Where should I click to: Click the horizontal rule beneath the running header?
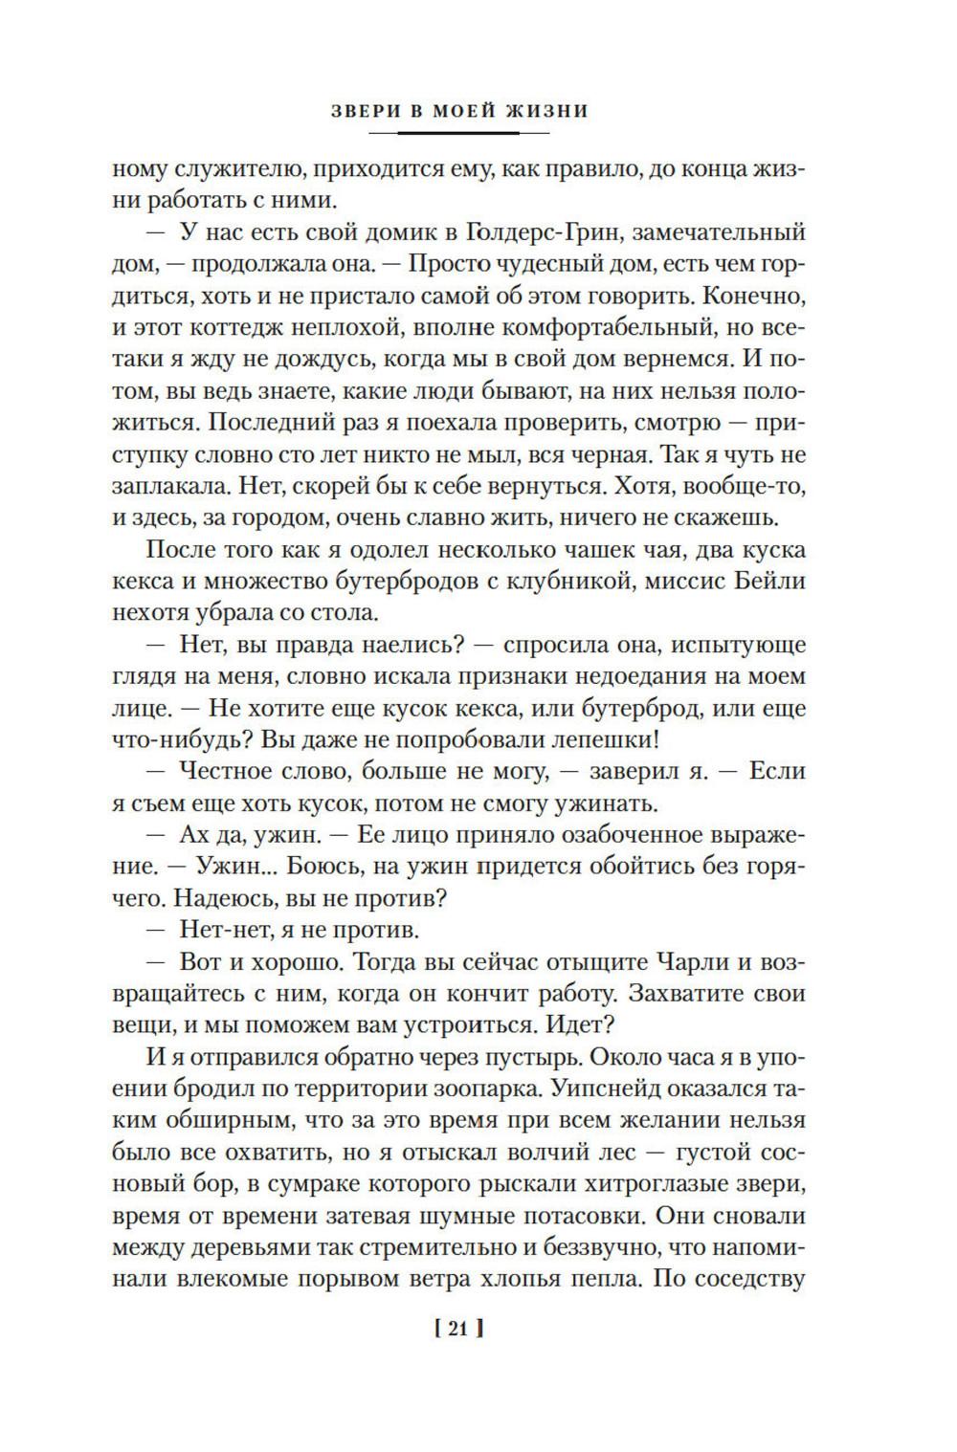point(457,132)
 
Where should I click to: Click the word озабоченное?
point(618,834)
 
